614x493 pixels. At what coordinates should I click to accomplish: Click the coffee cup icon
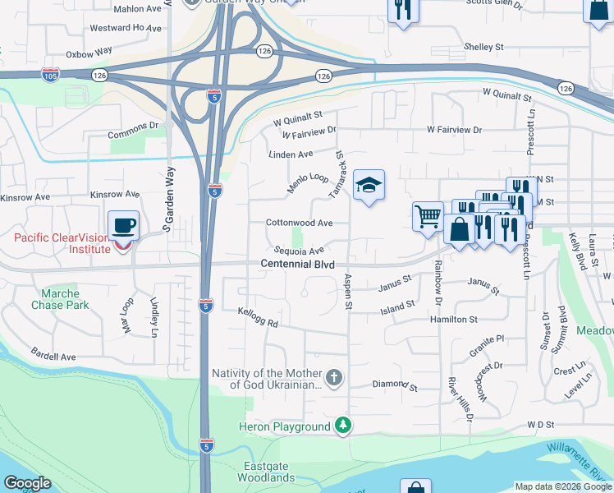pos(123,225)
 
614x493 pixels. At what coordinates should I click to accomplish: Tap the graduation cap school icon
pos(369,185)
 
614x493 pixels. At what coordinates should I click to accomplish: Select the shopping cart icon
pos(428,218)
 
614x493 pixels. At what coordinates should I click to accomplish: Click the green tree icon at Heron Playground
pos(343,426)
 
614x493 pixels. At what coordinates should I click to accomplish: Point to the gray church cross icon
pos(333,378)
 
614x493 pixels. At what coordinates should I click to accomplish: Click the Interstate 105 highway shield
pos(50,76)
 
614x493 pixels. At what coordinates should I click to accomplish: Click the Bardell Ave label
pos(54,357)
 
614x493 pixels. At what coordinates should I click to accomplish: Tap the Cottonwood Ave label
pos(299,223)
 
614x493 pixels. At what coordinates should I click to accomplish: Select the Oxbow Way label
pos(89,51)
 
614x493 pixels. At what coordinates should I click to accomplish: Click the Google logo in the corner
pos(26,483)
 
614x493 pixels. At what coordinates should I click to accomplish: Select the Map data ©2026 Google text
pos(563,486)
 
